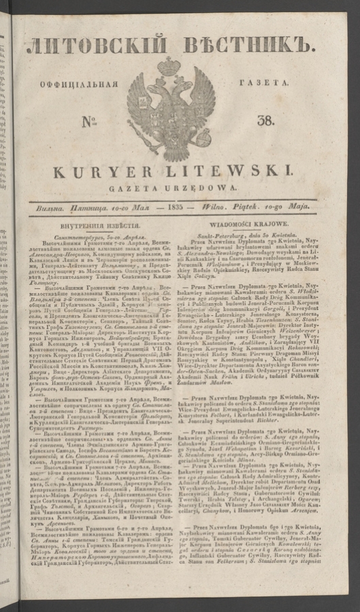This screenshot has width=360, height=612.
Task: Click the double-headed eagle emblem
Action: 171,109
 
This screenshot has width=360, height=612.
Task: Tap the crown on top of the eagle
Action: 169,66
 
